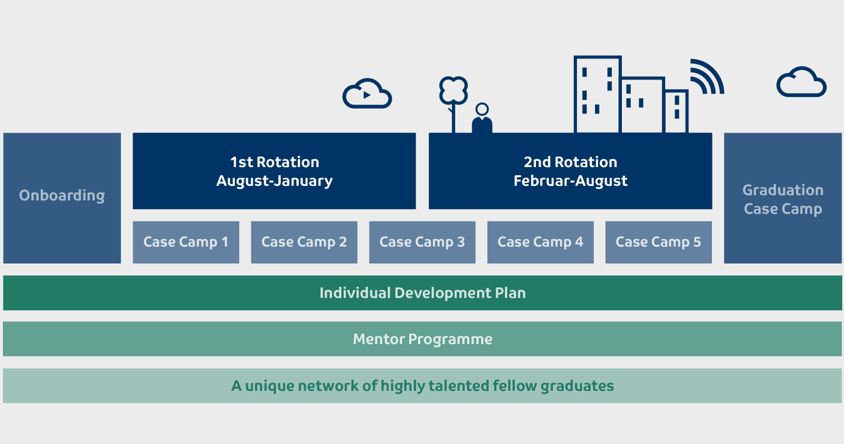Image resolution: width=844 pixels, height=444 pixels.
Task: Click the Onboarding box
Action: click(x=62, y=198)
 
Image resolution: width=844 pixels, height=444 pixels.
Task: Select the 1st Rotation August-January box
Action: click(x=274, y=171)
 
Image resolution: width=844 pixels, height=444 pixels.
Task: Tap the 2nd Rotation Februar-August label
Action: click(x=570, y=171)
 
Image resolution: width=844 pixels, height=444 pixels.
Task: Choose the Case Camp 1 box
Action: click(x=186, y=242)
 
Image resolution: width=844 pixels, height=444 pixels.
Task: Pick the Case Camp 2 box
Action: click(x=304, y=242)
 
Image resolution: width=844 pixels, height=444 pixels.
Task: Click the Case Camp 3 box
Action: click(x=423, y=242)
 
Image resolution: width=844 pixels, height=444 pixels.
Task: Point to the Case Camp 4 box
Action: click(x=540, y=242)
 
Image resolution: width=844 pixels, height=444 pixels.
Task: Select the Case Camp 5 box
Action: click(x=659, y=242)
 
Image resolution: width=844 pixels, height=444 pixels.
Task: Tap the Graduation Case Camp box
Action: click(x=783, y=198)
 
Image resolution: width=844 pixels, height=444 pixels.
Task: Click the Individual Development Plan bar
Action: click(x=423, y=293)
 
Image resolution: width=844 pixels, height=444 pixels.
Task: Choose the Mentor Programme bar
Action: click(x=423, y=339)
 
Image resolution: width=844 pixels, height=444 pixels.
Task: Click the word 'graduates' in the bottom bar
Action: click(x=577, y=387)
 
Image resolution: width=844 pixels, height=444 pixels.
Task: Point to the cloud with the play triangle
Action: click(x=368, y=94)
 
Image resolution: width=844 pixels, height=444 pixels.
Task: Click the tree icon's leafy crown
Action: click(x=454, y=91)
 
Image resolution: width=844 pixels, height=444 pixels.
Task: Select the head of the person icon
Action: click(x=482, y=109)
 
